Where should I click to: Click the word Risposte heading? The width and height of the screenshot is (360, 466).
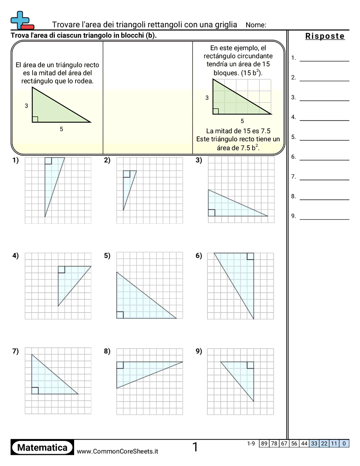[325, 36]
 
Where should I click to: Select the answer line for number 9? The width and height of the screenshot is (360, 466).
[324, 219]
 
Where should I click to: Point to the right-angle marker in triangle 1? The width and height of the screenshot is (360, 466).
[48, 161]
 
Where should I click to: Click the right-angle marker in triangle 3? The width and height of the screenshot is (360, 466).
[211, 213]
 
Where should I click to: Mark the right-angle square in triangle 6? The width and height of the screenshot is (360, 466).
[250, 256]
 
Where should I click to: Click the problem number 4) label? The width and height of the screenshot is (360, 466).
[15, 256]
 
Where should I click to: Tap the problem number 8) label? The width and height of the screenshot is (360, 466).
[107, 351]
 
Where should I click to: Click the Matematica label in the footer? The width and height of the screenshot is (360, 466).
[42, 447]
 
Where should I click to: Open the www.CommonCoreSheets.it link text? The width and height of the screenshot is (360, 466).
[117, 451]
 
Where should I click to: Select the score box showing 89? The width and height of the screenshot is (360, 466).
[264, 443]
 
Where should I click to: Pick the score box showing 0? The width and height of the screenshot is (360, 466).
[344, 443]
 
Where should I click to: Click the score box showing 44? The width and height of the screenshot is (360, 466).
[304, 443]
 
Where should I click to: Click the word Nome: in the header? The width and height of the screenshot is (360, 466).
[255, 25]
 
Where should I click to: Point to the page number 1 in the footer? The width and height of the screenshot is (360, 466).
[195, 447]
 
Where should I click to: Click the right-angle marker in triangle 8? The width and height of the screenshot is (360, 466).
[120, 365]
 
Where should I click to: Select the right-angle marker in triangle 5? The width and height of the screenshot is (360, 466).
[120, 315]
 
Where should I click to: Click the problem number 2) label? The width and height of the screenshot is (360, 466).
[107, 160]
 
